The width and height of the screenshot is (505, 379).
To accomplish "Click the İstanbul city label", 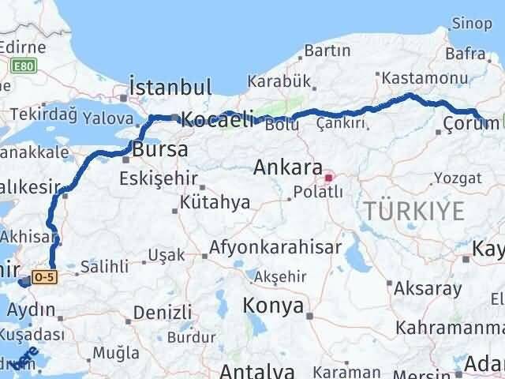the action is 170,87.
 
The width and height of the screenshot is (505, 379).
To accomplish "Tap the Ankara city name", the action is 287,168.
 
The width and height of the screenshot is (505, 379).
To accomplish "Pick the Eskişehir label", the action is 158,179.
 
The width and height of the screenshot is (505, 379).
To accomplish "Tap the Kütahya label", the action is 215,203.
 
